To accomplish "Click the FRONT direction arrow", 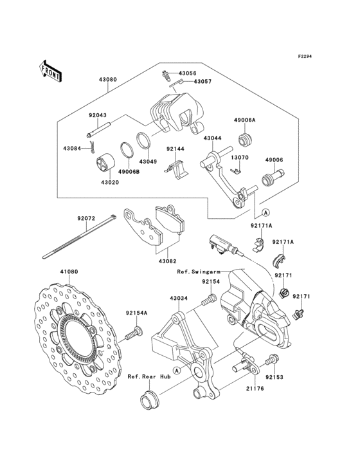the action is coord(50,71).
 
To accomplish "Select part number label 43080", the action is coord(108,80).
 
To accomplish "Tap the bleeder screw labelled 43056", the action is coord(166,75).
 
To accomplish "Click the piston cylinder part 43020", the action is coord(105,163).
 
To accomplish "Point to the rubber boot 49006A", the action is coord(245,140).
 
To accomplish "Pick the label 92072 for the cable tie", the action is coord(86,219).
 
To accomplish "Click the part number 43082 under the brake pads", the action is coord(168,261).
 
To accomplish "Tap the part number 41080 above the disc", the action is coord(69,272).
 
